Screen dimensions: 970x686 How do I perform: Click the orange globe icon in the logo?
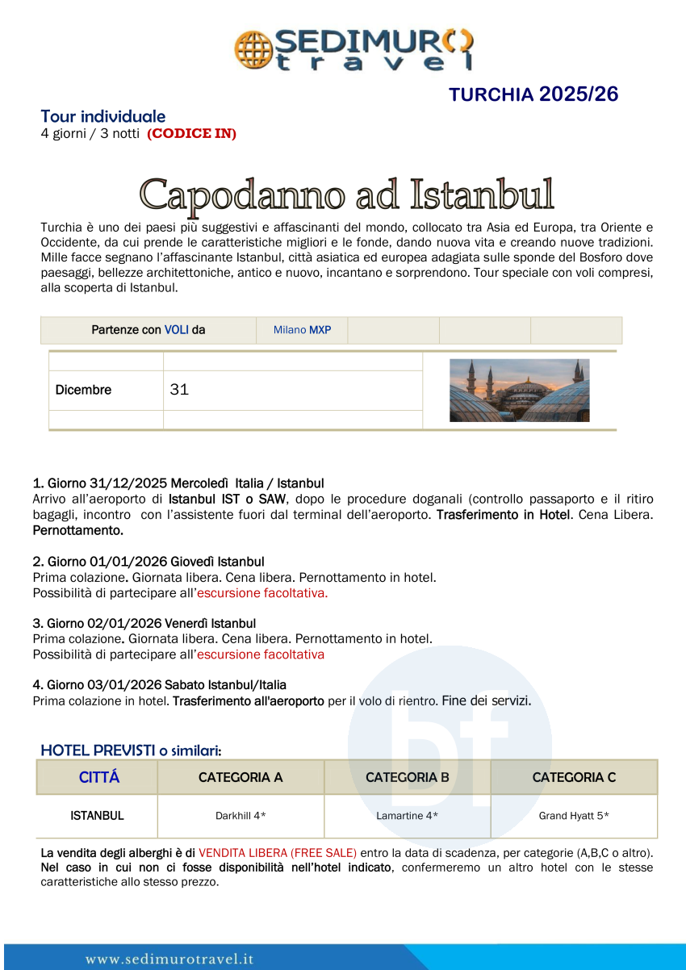(x=253, y=49)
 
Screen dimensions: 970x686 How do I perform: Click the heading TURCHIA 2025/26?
(x=533, y=94)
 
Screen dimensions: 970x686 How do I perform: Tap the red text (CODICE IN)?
(x=191, y=134)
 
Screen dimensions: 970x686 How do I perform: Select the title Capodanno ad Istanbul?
(x=347, y=195)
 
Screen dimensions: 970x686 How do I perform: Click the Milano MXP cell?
(x=302, y=330)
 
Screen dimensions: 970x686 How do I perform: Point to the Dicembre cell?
(x=84, y=390)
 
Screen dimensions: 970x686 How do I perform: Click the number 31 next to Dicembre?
(x=179, y=390)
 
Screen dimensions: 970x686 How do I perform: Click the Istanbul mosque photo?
(x=519, y=391)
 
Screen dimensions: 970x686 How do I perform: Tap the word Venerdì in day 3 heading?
(x=190, y=624)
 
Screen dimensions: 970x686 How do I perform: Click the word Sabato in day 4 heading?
(x=186, y=685)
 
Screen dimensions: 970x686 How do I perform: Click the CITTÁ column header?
(x=98, y=777)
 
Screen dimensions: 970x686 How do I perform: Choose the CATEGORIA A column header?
(x=241, y=777)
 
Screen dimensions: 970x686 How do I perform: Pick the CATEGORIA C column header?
(x=574, y=777)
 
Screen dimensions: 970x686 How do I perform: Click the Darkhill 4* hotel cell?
(x=241, y=816)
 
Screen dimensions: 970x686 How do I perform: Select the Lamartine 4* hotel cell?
(x=407, y=816)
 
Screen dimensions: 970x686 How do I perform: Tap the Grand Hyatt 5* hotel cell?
(x=574, y=816)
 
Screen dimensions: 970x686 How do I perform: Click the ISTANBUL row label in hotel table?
(x=97, y=816)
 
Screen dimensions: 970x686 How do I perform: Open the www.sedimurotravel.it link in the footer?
(x=169, y=960)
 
